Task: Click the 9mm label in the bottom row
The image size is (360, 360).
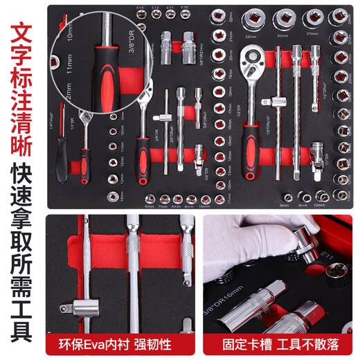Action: [301, 205]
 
